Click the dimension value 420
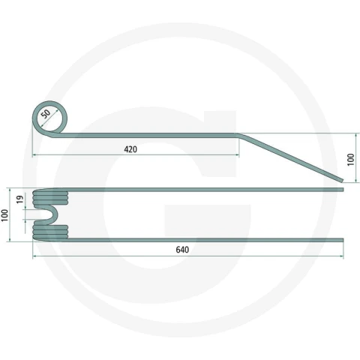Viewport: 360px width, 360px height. (130, 149)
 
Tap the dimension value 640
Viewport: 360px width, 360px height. (182, 250)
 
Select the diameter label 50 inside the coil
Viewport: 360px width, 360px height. (46, 114)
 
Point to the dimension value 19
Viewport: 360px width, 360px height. (20, 199)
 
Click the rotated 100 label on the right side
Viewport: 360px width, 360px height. (351, 160)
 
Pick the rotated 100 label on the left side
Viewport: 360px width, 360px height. (4, 215)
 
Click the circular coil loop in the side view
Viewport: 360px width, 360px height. (49, 101)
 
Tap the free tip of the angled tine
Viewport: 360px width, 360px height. (342, 180)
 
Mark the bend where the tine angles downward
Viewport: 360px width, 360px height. (238, 135)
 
